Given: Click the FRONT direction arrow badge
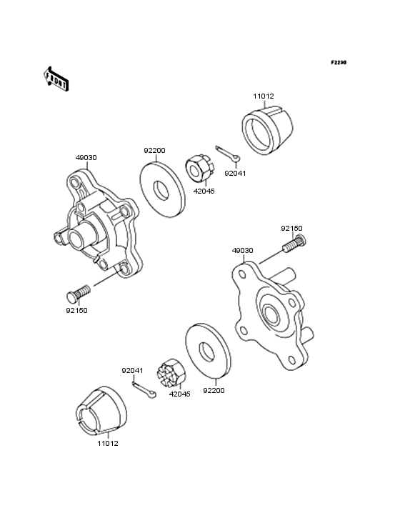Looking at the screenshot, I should pos(56,79).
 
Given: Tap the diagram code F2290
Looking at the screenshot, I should pos(338,63).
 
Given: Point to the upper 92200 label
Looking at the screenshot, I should pos(154,151).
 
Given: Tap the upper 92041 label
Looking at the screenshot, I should pos(235,173).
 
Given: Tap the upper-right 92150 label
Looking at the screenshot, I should pos(291,229).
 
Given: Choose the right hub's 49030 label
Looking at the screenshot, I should pos(242,251).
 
